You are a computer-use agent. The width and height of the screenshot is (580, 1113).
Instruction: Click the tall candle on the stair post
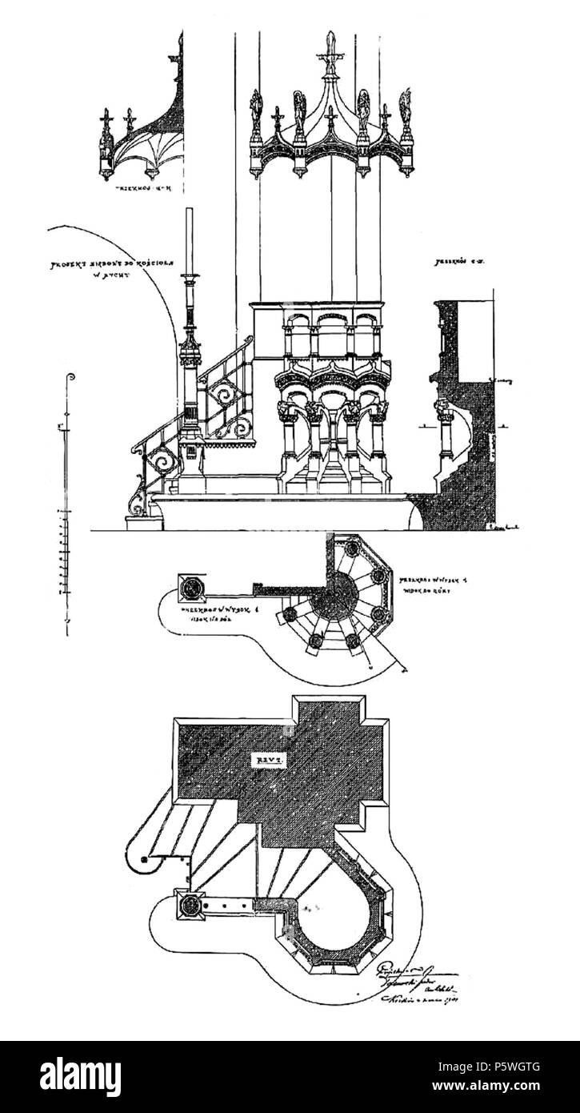pyautogui.click(x=190, y=240)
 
